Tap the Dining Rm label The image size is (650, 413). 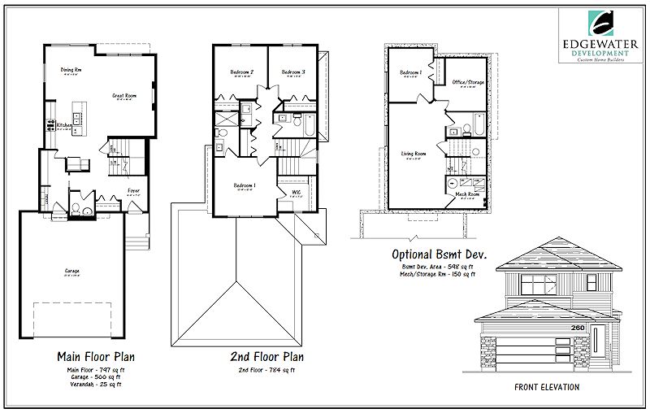71,71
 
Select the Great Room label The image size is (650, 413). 123,95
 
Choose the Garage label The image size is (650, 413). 71,271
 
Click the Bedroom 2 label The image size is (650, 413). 242,72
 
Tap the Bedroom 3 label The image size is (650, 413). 293,72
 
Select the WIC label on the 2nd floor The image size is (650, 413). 297,192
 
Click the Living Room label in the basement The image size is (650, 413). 414,153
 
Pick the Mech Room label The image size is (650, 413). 466,195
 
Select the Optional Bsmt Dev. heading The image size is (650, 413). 433,253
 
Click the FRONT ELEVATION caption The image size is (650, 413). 547,388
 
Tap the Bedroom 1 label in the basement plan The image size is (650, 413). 409,73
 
